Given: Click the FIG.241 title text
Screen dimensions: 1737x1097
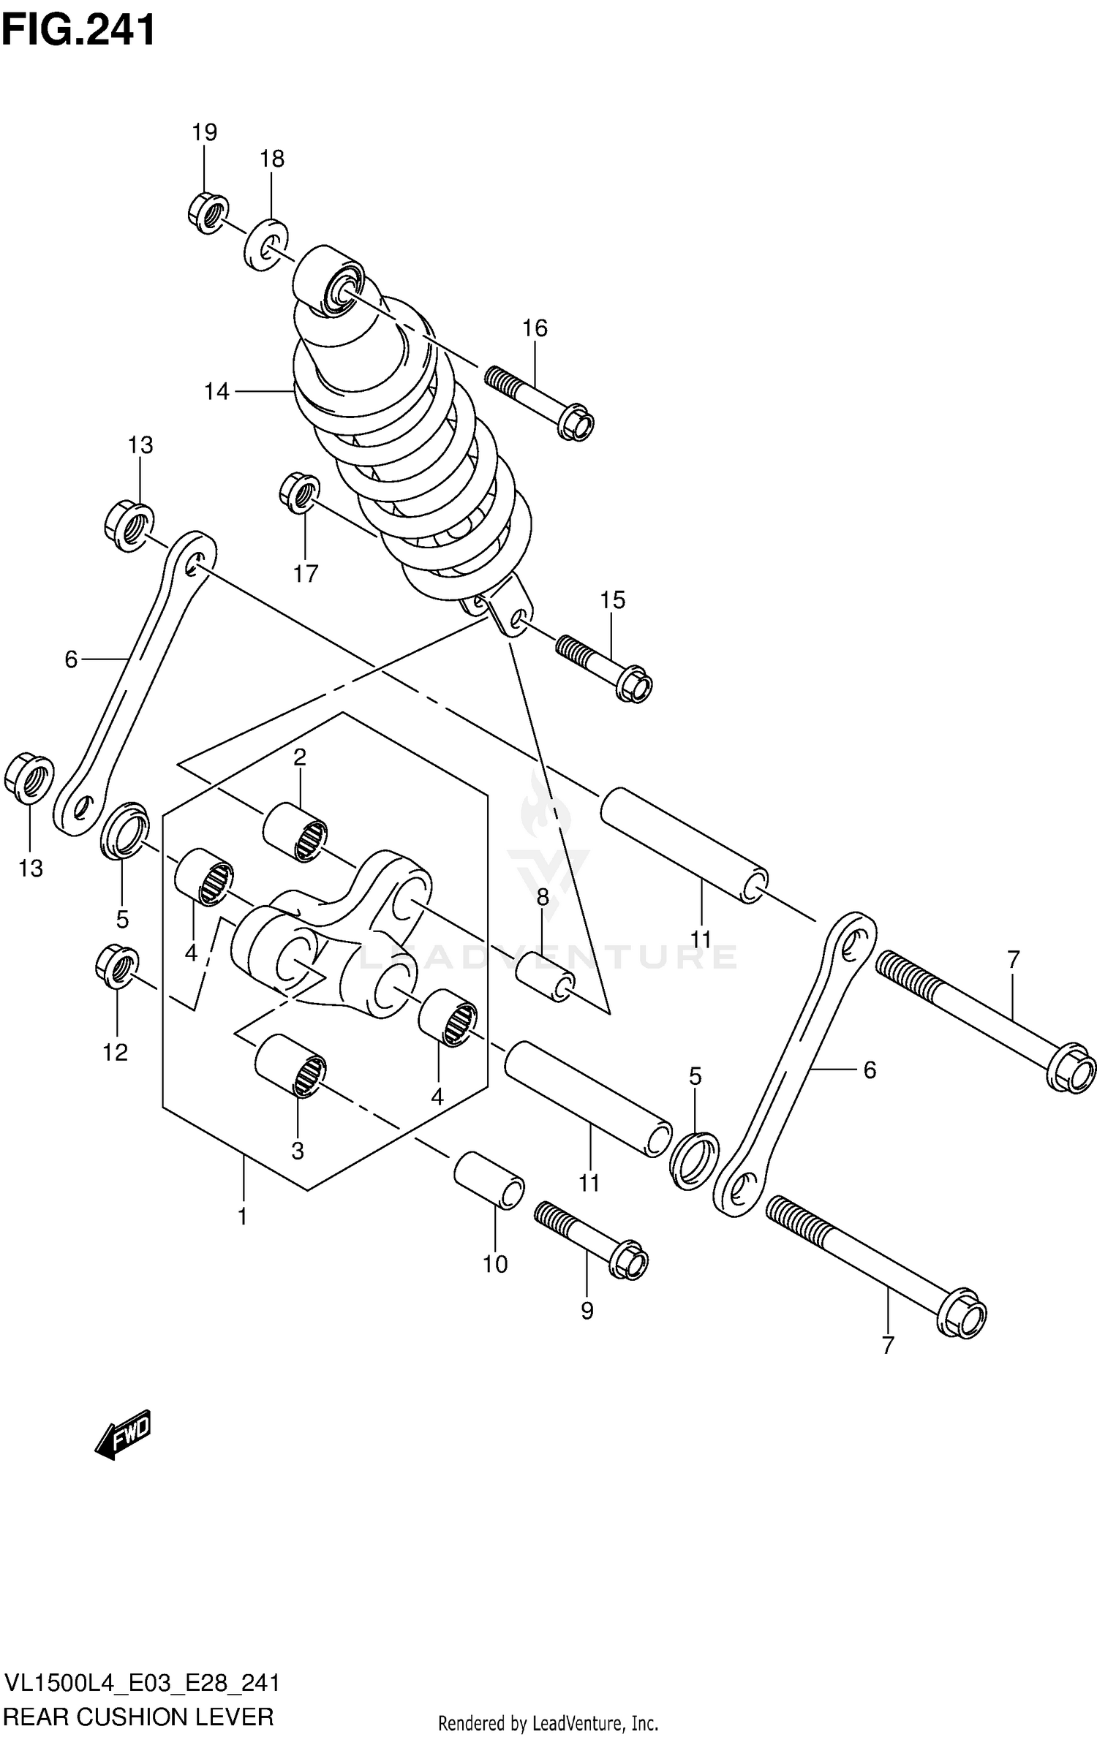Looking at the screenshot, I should pos(78,31).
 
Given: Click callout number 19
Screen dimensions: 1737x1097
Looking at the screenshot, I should pos(205,132).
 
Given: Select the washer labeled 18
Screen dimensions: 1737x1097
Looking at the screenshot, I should pos(265,244).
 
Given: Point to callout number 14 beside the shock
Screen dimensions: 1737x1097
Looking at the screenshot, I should pos(216,392).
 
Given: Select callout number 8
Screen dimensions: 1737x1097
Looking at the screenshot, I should pos(543,897).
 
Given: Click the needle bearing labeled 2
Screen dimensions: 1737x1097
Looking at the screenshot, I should pos(295,832).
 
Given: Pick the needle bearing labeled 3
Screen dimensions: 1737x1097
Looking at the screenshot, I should pos(290,1067).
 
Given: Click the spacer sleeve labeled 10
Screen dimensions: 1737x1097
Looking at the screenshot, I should pos(489,1180).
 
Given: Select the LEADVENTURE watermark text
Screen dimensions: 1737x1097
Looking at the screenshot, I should pos(548,956).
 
